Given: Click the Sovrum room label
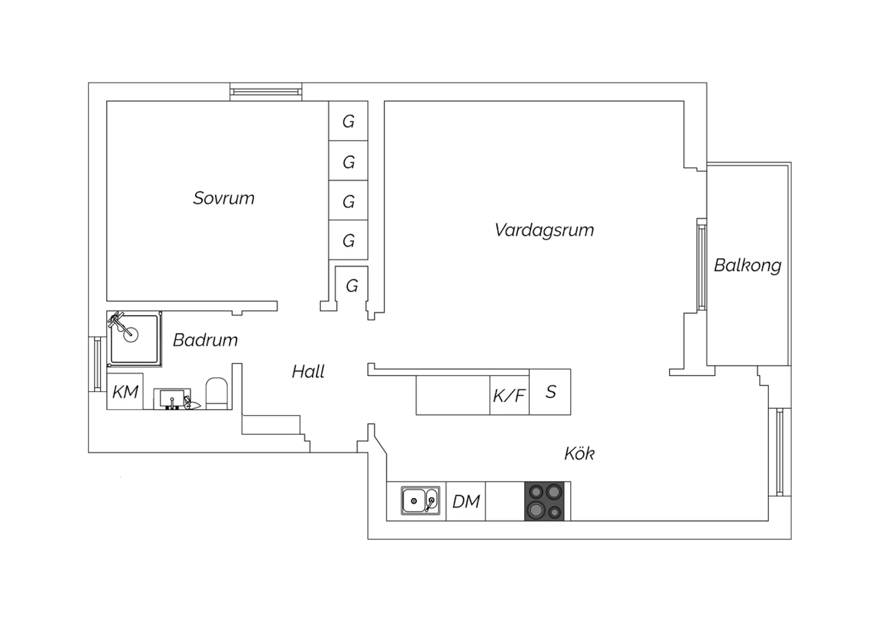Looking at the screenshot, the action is coord(224,198).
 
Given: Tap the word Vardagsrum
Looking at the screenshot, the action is coord(544,230).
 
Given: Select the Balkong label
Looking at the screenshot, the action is coord(748,265).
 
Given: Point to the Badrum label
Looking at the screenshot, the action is coord(205,340).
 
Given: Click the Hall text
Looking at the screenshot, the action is coord(308,371).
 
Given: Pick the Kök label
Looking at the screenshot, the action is coord(579,453).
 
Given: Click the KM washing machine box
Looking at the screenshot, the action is coord(125,391).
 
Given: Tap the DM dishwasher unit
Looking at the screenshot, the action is coord(466,501).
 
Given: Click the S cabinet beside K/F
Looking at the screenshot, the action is coord(550,392).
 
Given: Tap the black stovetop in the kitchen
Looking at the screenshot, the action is coord(544,501).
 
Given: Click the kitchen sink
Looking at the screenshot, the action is coord(420,500).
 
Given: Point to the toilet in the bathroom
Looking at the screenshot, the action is coord(217,394).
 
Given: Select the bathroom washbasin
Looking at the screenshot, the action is coord(172,399).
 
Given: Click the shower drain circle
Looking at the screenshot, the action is coord(131,335).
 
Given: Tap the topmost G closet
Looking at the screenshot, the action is coord(348,121).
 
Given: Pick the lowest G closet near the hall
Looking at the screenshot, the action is coord(352,286).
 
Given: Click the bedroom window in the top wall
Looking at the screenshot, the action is coord(265,92).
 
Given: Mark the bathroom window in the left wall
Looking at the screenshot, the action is coord(97,364).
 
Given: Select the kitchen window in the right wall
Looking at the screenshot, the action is coord(780,452).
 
